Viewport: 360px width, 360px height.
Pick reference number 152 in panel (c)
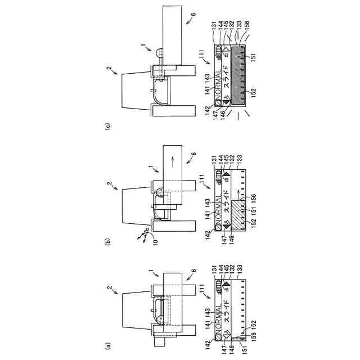coord(254,90)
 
